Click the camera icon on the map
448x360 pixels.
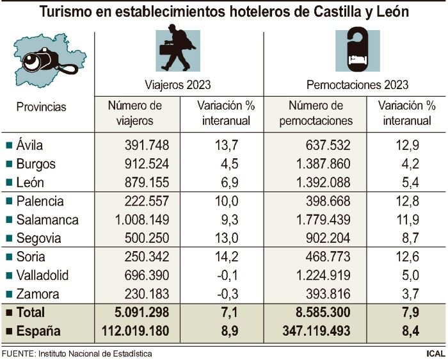point(42,60)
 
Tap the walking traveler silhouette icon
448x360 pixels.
point(177,48)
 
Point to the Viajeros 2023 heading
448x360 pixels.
point(177,85)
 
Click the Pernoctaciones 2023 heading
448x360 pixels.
point(357,85)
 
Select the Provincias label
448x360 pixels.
point(41,107)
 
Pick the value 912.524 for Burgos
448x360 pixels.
point(145,164)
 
